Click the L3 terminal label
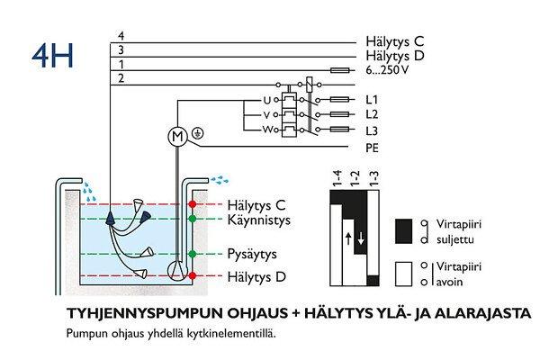[372, 130]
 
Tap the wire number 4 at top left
[121, 36]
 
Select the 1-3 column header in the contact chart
[373, 183]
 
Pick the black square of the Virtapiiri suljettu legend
[403, 227]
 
